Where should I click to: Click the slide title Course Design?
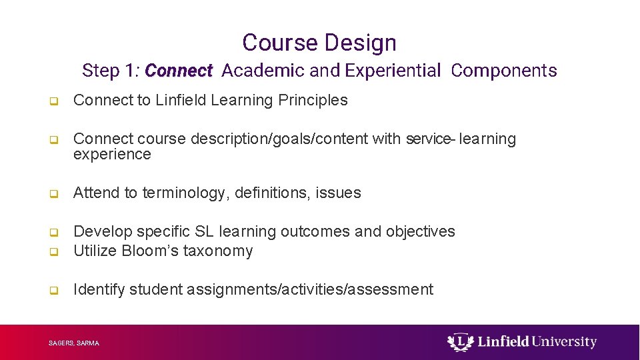319,43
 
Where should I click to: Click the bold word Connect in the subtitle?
178,71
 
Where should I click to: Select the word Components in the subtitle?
503,71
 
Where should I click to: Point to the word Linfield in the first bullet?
181,101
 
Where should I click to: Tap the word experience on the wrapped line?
112,155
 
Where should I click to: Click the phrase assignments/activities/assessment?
310,290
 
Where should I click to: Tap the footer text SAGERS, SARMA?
74,343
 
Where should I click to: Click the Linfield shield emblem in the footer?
458,342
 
